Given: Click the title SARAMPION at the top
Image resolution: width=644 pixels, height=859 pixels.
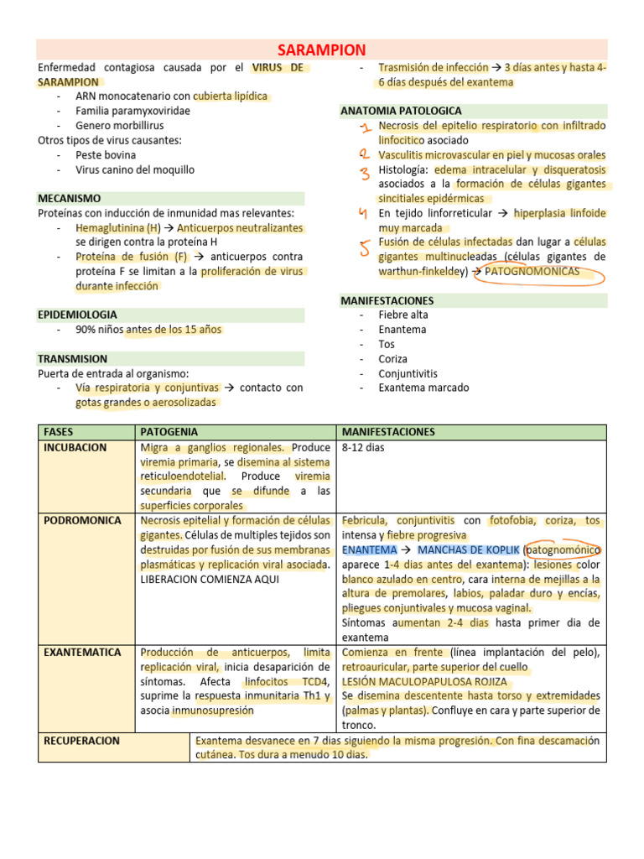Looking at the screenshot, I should point(321,50).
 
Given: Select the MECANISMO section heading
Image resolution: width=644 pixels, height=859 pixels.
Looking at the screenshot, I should point(70,199).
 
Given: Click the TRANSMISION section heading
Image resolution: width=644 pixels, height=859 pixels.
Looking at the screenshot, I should point(73,358).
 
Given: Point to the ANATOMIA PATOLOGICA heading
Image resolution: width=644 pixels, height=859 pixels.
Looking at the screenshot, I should point(401,111).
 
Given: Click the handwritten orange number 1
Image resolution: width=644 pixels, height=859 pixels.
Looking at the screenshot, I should point(364,128).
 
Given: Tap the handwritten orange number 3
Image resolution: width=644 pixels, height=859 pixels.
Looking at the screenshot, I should point(365,174).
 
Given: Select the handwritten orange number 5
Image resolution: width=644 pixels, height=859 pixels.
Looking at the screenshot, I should point(365,247).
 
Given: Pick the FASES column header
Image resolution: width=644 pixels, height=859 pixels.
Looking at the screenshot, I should point(59,432).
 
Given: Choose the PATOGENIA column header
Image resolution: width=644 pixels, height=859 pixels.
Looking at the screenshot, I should point(169,432).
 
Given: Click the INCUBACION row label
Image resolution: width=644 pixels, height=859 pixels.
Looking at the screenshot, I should point(75,447).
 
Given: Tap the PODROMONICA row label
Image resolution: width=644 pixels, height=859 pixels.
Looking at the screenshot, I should point(82,520).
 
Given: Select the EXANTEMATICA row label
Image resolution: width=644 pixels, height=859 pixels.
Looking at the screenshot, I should point(82,652).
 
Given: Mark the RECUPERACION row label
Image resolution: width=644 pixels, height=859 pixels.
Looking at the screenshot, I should point(81,741).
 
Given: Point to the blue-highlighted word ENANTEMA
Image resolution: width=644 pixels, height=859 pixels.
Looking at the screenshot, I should point(369,549).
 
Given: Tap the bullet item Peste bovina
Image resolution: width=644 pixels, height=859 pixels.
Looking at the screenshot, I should point(106,155).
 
